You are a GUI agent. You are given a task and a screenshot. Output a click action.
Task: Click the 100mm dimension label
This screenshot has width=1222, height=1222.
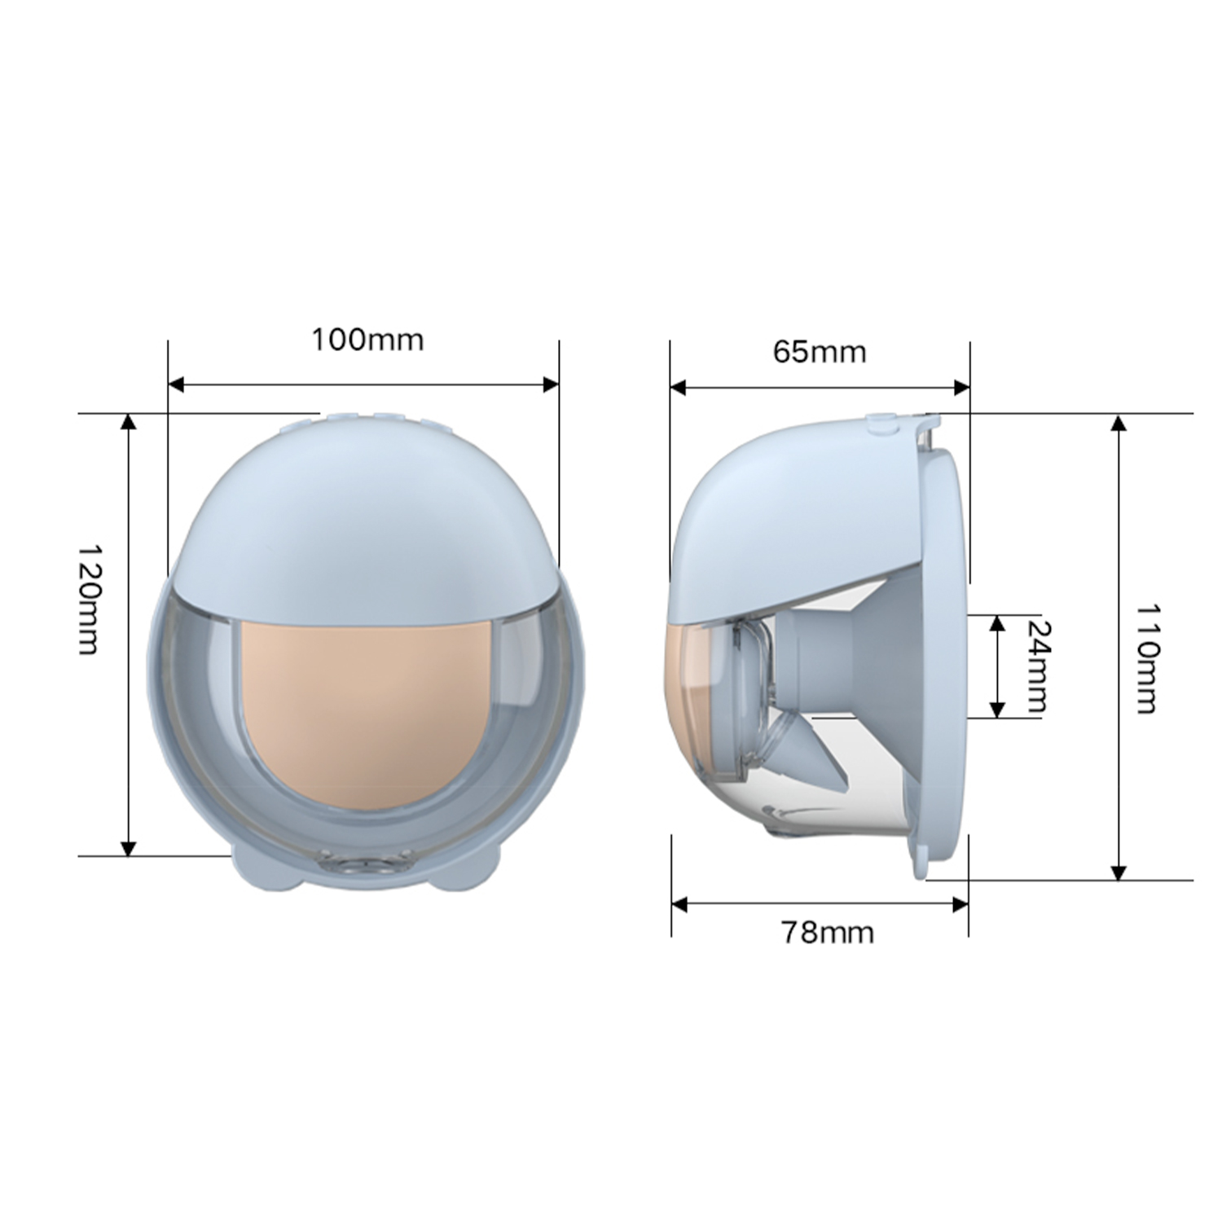367,339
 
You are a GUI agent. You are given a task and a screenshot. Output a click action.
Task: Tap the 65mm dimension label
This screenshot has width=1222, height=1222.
819,352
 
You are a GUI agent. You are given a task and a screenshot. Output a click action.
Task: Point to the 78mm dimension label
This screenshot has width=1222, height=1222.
827,931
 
